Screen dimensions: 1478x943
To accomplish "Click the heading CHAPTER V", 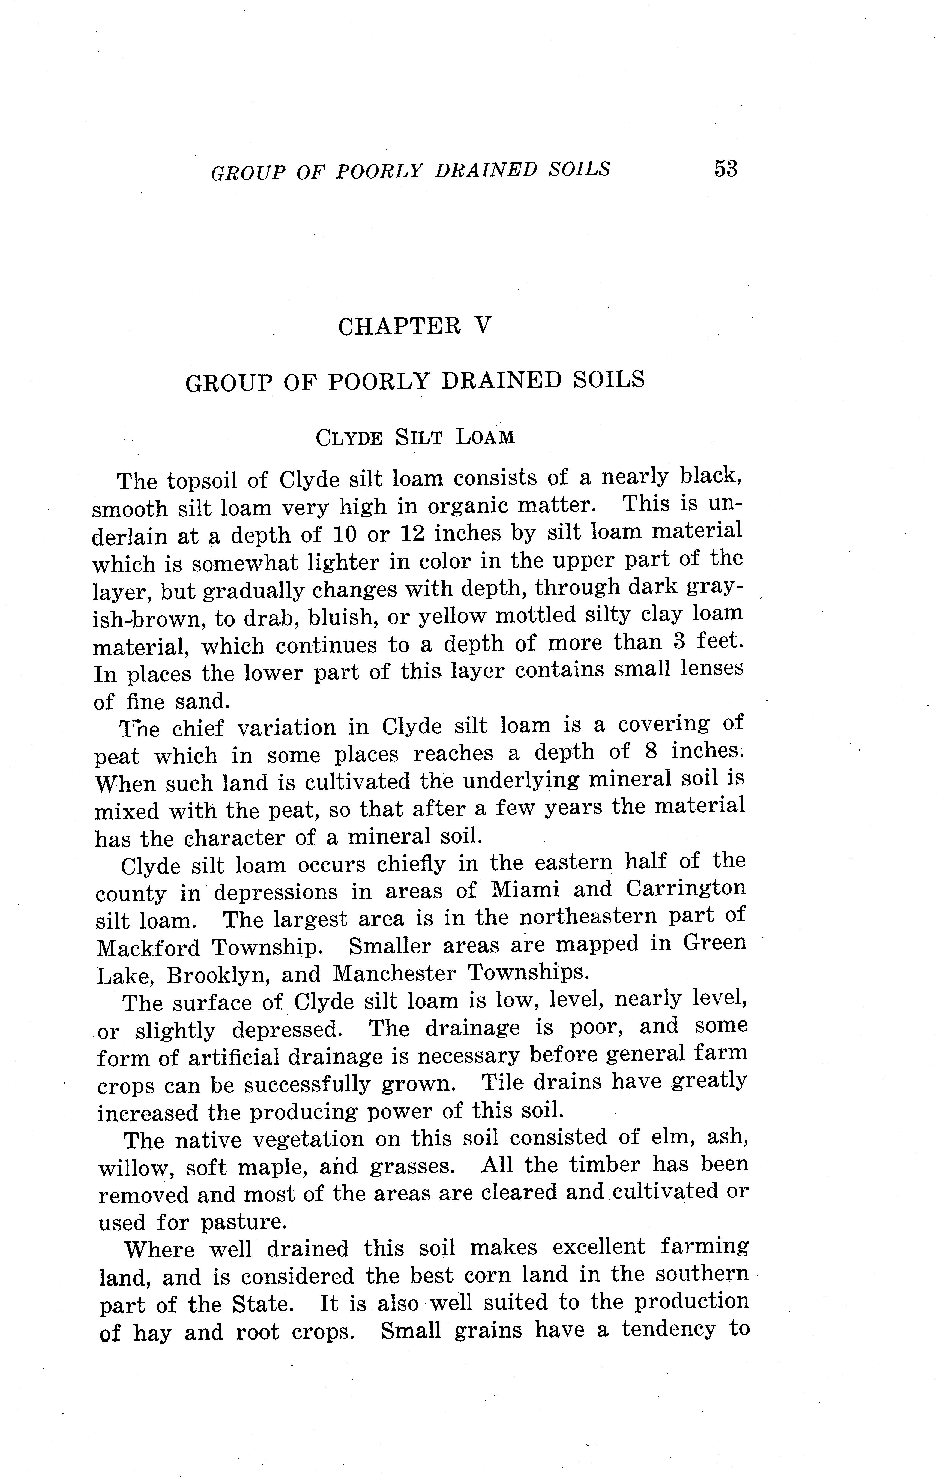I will click(x=415, y=325).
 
